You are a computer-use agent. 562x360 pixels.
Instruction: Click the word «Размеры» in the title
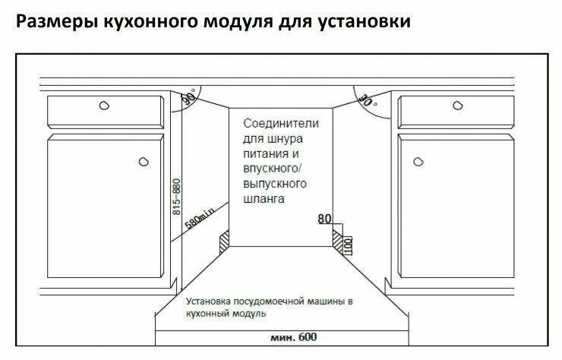click(52, 22)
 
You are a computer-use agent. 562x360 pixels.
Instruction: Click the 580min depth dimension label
click(199, 217)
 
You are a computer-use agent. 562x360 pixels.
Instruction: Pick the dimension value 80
click(324, 219)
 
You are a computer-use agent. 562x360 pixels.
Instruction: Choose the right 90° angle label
click(367, 99)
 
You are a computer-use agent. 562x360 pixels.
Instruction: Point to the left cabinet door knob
click(144, 161)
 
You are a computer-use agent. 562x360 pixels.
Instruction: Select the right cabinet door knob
click(417, 161)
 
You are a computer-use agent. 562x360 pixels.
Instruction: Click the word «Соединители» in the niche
click(281, 122)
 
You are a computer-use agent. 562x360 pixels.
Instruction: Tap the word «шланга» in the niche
click(264, 200)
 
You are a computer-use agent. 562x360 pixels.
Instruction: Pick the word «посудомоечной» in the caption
click(261, 302)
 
